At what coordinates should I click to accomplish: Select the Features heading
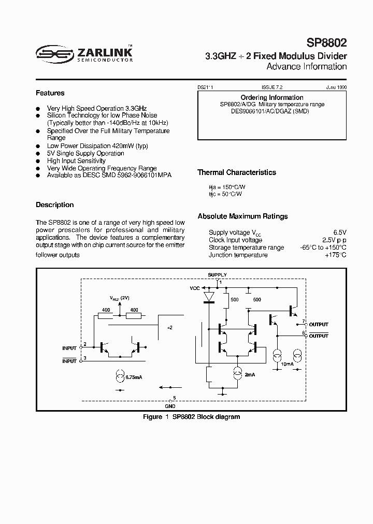[x=50, y=93]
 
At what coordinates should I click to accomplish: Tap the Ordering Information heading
[x=272, y=97]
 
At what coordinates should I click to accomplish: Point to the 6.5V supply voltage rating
[x=340, y=232]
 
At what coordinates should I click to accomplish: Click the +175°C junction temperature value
[x=335, y=255]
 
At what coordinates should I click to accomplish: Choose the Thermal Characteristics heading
[x=237, y=172]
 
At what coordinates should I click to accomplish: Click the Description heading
[x=55, y=205]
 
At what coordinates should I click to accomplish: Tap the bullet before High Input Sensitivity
[x=38, y=161]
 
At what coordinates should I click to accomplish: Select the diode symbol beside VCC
[x=209, y=296]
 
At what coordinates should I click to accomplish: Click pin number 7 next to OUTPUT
[x=304, y=322]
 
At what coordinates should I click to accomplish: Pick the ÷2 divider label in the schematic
[x=170, y=328]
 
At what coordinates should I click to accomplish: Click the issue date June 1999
[x=336, y=88]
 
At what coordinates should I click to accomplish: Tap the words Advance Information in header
[x=306, y=67]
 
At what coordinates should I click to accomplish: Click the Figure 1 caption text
[x=191, y=417]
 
